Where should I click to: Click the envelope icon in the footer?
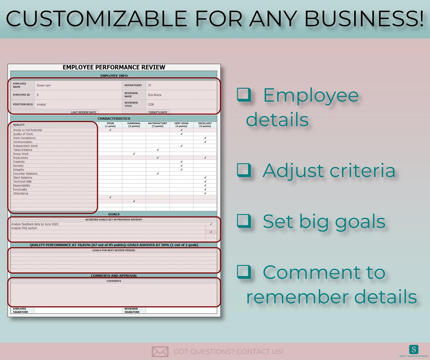tap(160, 351)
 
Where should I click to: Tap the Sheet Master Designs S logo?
tap(413, 349)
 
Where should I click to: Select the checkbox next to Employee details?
tap(244, 95)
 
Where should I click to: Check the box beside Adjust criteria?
tap(244, 170)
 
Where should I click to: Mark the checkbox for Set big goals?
tap(244, 221)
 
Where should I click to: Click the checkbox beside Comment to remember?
tap(244, 272)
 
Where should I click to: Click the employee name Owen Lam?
tap(44, 85)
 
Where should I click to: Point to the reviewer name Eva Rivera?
tap(155, 95)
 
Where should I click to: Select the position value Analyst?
tap(41, 104)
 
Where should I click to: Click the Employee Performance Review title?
tap(114, 67)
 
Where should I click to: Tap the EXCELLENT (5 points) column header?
tap(205, 125)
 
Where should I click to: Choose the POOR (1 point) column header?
tap(110, 125)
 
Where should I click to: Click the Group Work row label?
tap(21, 154)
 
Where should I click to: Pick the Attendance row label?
tap(20, 194)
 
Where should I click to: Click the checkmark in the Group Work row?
tap(134, 154)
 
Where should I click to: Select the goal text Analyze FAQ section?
tap(24, 228)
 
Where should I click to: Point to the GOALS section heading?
tap(114, 214)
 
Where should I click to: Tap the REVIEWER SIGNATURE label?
tap(132, 311)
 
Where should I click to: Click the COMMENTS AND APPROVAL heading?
tap(114, 275)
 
